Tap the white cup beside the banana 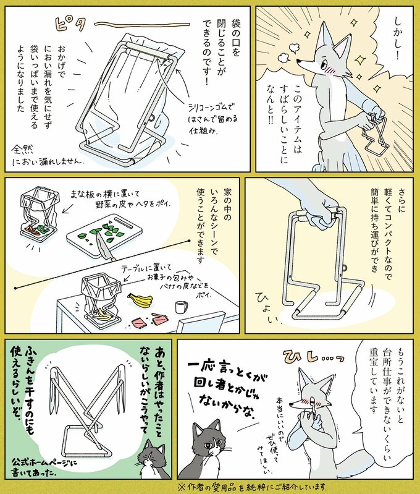(x=180, y=307)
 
